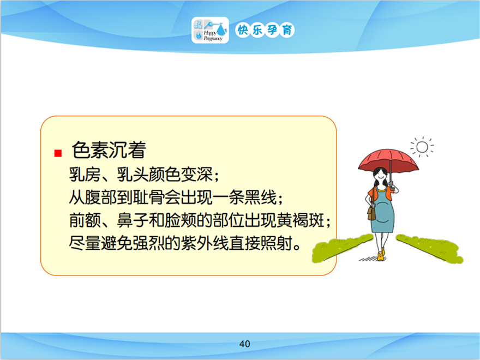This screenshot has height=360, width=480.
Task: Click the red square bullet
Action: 58,153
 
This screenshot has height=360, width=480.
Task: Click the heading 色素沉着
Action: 109,150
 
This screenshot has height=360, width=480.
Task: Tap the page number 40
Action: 244,344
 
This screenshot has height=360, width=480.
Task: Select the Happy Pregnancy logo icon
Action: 210,30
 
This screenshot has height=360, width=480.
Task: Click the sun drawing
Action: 422,147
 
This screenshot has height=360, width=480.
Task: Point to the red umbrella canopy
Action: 388,160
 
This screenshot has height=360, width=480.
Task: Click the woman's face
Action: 380,176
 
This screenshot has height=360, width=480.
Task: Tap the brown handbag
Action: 371,213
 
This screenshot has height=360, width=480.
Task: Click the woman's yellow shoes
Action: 381,255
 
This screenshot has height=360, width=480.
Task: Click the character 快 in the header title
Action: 243,30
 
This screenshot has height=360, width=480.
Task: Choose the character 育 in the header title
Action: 287,30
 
